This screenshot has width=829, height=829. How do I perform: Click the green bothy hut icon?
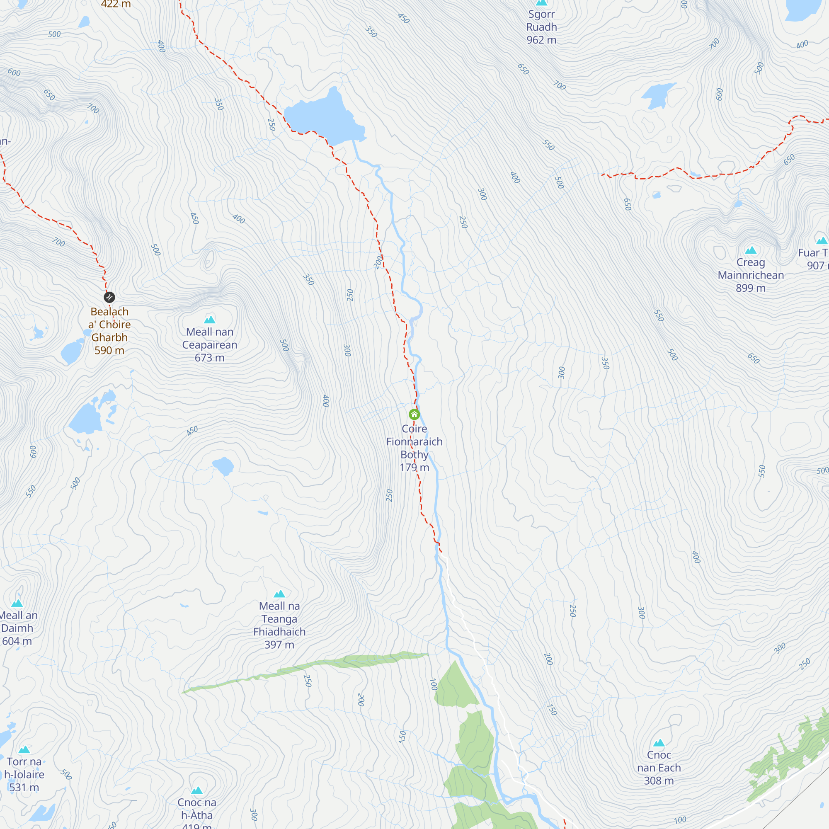[x=414, y=414]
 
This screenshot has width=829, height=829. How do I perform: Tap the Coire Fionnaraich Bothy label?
[x=414, y=448]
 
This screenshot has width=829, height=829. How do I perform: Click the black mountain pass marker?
[x=109, y=297]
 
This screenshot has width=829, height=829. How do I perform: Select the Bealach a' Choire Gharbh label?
[x=109, y=330]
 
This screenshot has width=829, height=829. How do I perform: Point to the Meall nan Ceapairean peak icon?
[x=209, y=319]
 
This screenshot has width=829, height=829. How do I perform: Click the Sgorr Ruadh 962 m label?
[x=541, y=27]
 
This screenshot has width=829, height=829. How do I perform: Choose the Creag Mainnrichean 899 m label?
[x=751, y=275]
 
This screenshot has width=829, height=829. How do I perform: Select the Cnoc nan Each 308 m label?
[x=659, y=768]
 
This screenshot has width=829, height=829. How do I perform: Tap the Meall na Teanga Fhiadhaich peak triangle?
[x=279, y=594]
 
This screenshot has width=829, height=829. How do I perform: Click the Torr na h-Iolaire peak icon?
[x=24, y=749]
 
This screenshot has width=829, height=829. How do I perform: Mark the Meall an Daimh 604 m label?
[x=17, y=628]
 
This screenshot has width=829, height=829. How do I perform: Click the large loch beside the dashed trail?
[x=322, y=118]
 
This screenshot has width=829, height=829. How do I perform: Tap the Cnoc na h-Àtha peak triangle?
[x=197, y=790]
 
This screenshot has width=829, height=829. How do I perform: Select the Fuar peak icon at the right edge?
[x=821, y=240]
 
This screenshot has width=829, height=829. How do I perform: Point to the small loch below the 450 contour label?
[x=223, y=466]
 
